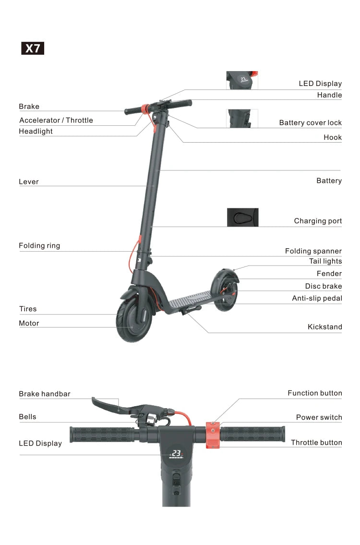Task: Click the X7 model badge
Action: click(33, 48)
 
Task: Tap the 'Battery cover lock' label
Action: click(310, 123)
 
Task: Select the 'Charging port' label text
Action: click(318, 221)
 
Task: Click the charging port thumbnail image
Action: click(242, 217)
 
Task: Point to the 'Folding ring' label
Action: click(39, 246)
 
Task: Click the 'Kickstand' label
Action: click(324, 327)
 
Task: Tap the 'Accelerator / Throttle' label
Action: click(56, 121)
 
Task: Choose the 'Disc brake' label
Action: click(323, 286)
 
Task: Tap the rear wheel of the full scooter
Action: click(225, 291)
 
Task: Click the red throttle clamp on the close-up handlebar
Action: click(213, 435)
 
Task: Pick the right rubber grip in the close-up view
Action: click(252, 434)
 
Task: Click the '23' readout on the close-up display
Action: click(177, 453)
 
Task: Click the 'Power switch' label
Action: click(319, 417)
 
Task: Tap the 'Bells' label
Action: click(27, 417)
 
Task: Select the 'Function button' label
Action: click(314, 393)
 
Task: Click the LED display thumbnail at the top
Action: click(242, 80)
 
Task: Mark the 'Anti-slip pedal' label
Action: click(317, 299)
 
